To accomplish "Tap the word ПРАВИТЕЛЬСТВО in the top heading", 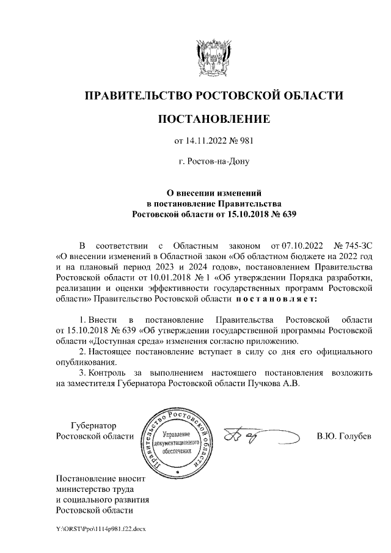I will (137, 95).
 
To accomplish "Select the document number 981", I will (244, 141).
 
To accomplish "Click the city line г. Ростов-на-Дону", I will (213, 162).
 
